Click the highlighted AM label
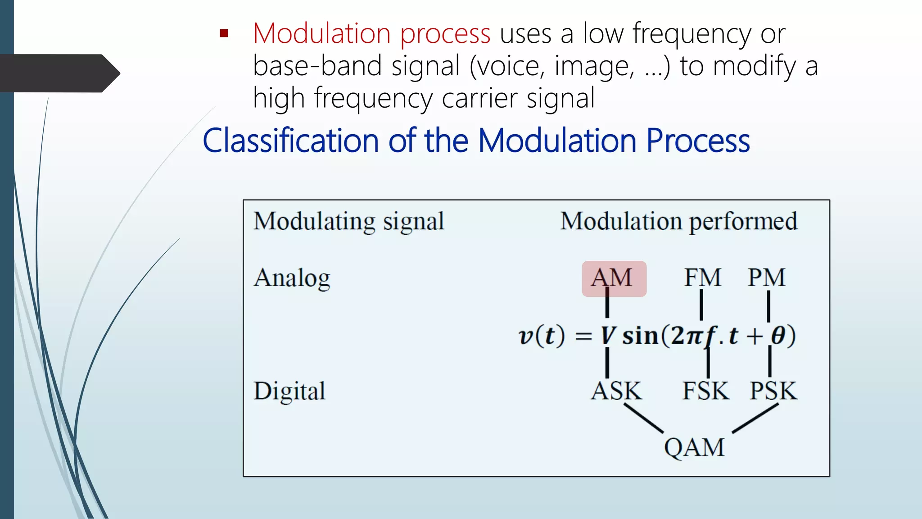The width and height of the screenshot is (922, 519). click(x=614, y=278)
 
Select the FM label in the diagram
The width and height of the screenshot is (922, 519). click(x=702, y=278)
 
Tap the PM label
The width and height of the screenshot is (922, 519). click(x=766, y=278)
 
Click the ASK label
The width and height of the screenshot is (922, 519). click(x=616, y=391)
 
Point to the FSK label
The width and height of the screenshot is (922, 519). click(x=705, y=391)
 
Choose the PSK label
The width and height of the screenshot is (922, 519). click(x=773, y=391)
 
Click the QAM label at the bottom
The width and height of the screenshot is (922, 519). click(x=694, y=448)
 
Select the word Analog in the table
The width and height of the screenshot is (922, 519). click(x=292, y=278)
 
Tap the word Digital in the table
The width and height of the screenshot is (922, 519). click(x=289, y=391)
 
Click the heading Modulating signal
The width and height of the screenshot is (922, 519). click(x=348, y=222)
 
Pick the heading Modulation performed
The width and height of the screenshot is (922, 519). click(x=678, y=222)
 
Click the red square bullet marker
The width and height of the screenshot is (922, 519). click(x=224, y=34)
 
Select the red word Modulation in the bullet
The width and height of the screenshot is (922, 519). click(x=321, y=34)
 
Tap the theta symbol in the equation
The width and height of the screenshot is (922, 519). click(x=778, y=336)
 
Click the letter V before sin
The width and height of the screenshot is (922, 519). click(x=608, y=336)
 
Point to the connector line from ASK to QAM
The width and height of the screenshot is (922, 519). click(x=643, y=418)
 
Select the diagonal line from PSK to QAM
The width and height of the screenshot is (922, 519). click(x=755, y=418)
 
